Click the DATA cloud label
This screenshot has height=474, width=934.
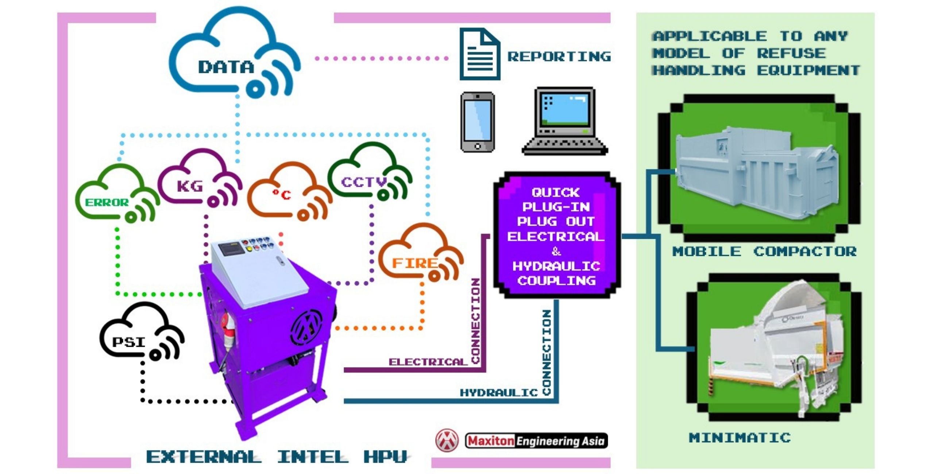[x=226, y=67]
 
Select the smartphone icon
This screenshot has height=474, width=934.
[x=477, y=122]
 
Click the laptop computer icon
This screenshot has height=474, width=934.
[x=565, y=121]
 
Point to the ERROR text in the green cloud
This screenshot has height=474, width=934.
[x=107, y=202]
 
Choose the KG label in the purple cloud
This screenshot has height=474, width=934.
[x=190, y=186]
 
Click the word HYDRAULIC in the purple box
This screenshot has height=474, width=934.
[x=556, y=266]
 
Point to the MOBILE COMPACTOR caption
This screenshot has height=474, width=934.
[x=764, y=251]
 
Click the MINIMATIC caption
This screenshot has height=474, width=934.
[x=740, y=437]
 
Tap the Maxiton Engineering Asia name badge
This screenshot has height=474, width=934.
[x=536, y=441]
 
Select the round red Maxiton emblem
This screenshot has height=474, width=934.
[x=447, y=440]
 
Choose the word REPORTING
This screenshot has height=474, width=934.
[x=559, y=57]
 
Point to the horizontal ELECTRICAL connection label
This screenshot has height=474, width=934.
[x=428, y=362]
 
